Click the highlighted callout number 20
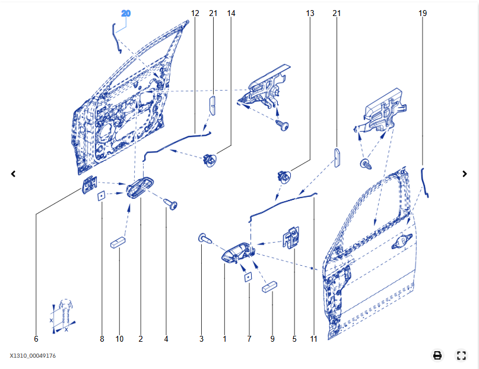pos(126,13)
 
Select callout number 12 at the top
pos(195,13)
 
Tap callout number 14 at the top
pos(231,13)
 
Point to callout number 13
pos(310,13)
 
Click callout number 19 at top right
pos(423,13)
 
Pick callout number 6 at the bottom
pos(36,339)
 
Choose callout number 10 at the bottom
pos(119,339)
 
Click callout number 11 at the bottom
pos(313,339)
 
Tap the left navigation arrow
pos(14,174)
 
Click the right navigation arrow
pos(465,174)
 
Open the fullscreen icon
pos(461,356)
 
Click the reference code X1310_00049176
pos(33,356)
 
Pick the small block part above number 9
pos(271,287)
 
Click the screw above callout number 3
pos(205,238)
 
